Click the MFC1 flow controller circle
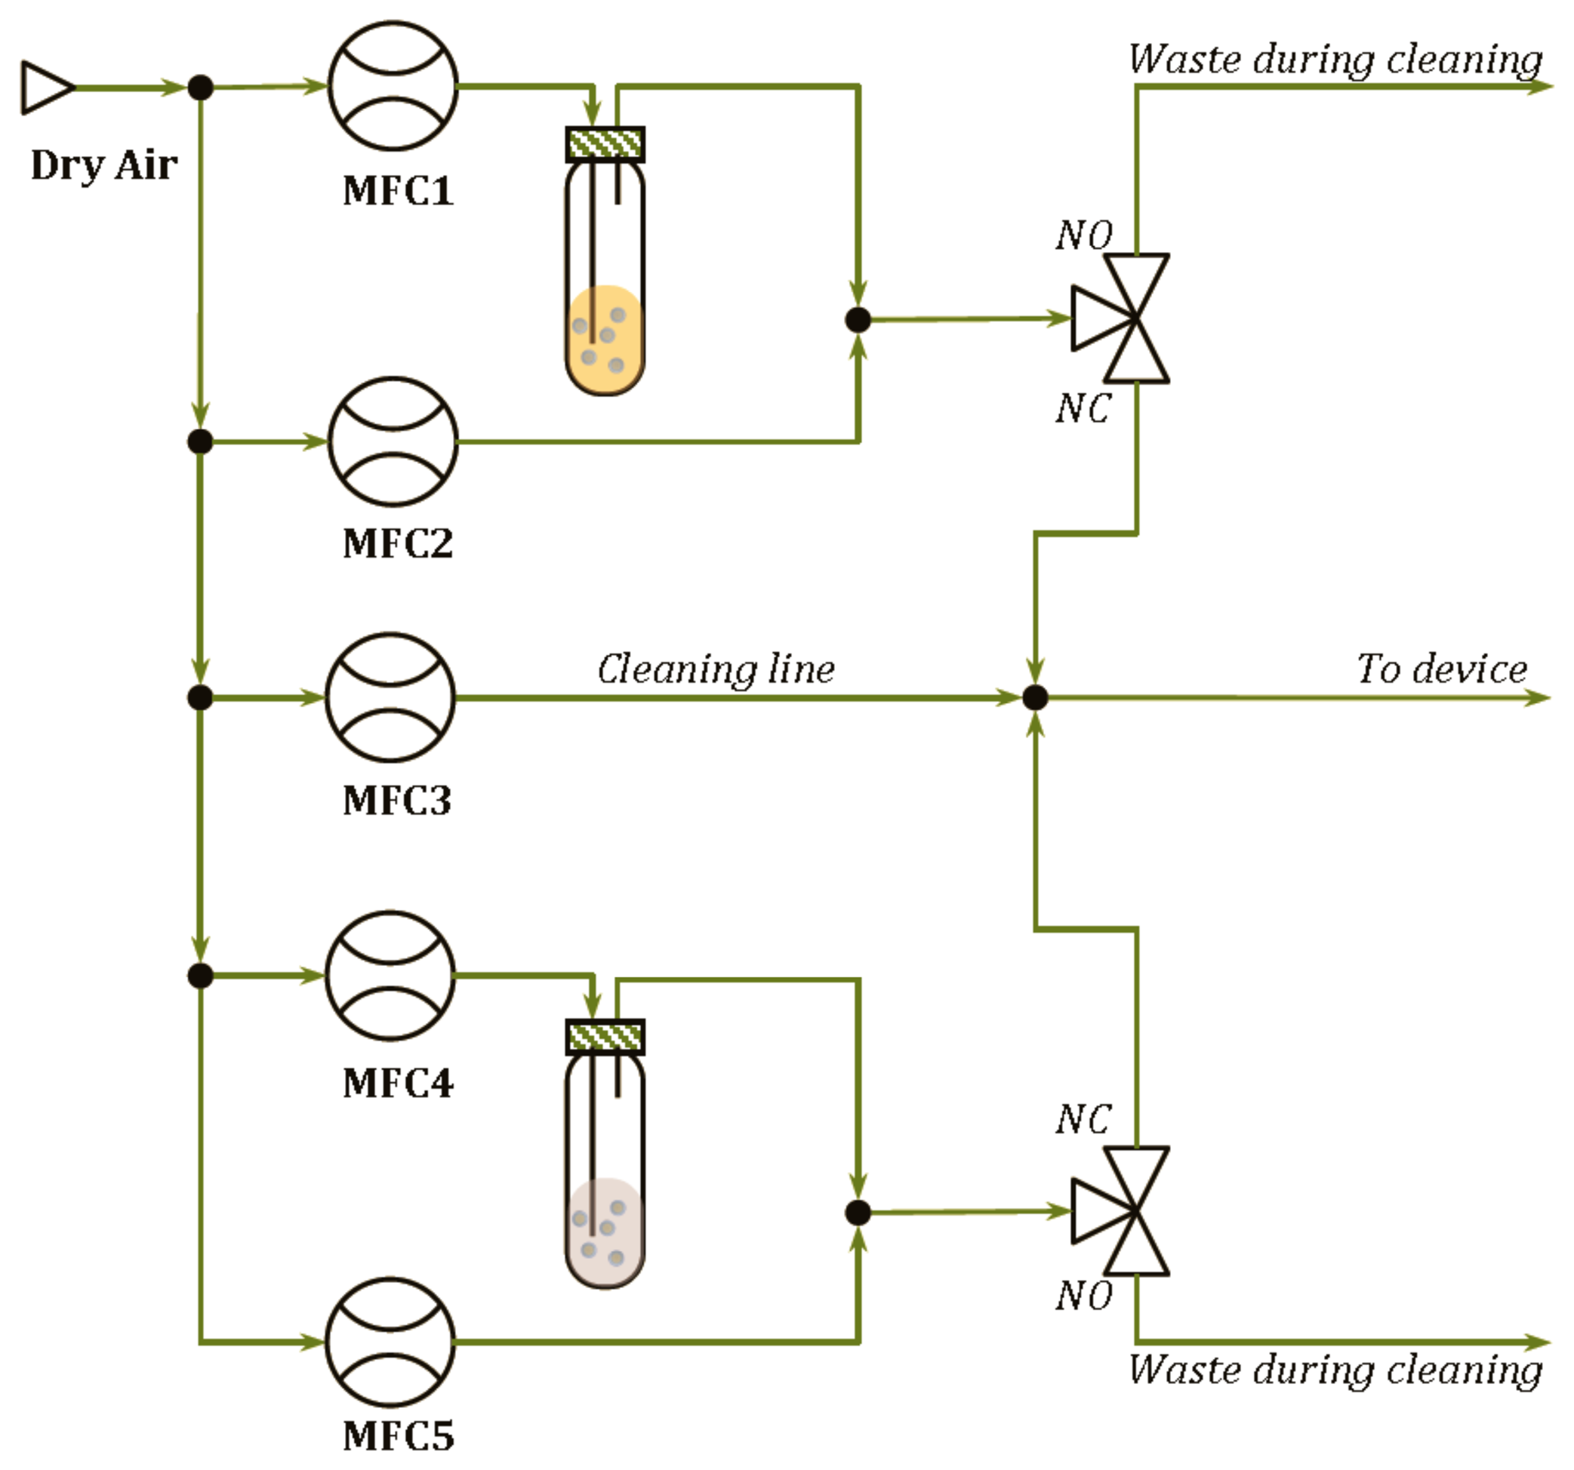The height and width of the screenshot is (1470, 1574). [393, 85]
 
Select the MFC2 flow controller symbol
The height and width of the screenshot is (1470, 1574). [393, 441]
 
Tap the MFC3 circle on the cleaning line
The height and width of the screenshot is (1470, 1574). [390, 697]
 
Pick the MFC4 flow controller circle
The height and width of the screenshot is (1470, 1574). [390, 975]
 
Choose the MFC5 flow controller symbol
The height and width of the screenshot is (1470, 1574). [390, 1341]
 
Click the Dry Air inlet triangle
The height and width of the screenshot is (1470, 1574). [46, 87]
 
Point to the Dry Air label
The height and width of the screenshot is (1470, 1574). [103, 165]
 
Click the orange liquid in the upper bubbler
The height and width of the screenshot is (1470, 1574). [605, 340]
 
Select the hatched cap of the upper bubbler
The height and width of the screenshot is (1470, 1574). [605, 144]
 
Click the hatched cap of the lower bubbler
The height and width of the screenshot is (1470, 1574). [605, 1037]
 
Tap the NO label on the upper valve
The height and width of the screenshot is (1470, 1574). [1084, 235]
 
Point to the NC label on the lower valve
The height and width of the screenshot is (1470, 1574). [1084, 1119]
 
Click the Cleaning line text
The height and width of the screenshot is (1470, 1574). [716, 669]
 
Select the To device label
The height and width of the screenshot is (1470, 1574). [1442, 669]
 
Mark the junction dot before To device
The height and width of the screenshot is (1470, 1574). [1035, 697]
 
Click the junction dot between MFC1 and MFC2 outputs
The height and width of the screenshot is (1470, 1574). [858, 320]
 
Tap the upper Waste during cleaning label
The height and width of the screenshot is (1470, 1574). [1335, 60]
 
